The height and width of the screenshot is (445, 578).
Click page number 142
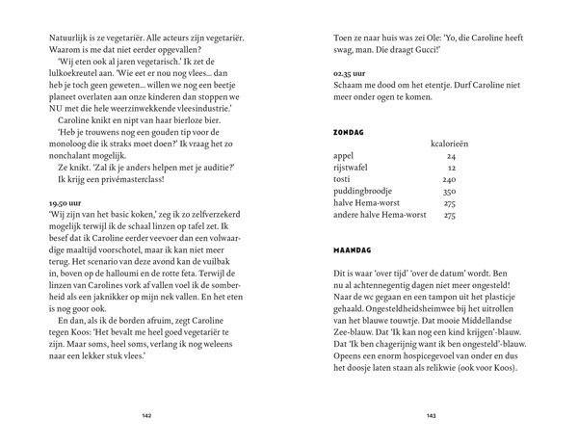145,415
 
